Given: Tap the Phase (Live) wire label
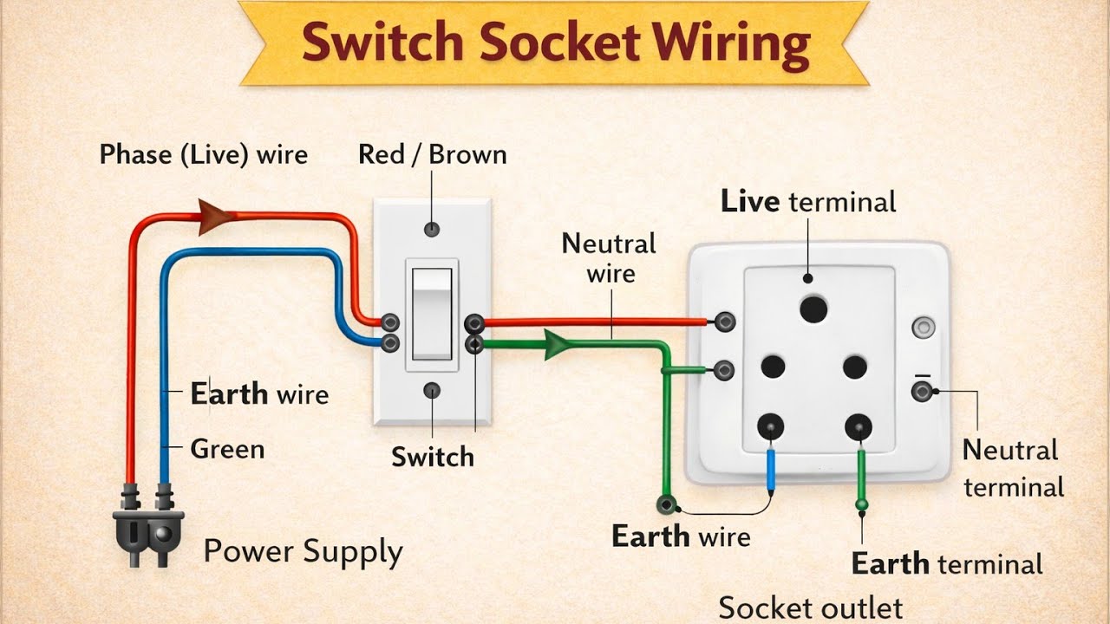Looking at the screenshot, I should [203, 155].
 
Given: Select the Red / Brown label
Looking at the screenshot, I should [432, 155].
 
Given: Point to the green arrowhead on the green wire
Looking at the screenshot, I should [555, 344].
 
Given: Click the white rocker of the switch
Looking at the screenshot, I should [432, 314].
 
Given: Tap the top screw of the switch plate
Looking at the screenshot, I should [431, 230].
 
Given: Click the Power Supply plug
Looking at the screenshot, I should [147, 530].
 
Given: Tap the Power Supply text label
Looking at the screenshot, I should [303, 552].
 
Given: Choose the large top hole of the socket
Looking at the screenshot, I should [813, 309].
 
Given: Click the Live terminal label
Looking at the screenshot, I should [807, 202].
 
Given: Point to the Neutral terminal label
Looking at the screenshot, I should [1011, 468].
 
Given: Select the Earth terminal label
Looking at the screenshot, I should [946, 565].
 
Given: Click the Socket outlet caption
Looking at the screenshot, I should [810, 608].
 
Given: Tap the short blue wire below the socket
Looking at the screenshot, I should [771, 467].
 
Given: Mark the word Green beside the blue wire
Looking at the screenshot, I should [227, 449].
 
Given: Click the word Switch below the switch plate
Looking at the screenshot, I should [432, 457].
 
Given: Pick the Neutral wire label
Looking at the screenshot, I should [609, 258].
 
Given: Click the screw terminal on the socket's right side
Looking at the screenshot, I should [921, 392].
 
